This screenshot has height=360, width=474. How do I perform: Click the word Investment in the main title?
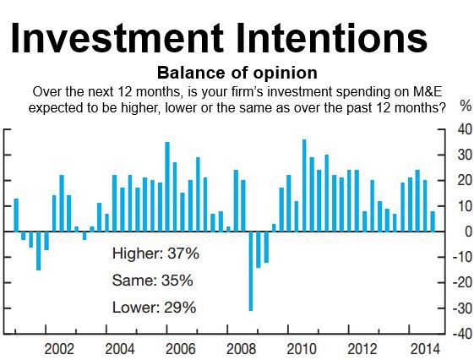coord(117,38)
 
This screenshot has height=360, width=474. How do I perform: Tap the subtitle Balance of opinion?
coord(237,73)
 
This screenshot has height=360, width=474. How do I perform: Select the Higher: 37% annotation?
coord(155,254)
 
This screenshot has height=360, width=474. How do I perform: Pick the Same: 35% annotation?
coord(153,281)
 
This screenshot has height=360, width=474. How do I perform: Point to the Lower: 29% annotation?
coord(154,308)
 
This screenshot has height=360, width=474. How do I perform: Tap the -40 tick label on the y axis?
coord(462,334)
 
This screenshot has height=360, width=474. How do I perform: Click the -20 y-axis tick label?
coord(462,282)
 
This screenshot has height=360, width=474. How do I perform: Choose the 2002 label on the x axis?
coord(59,349)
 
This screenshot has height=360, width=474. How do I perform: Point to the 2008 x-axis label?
coord(242,349)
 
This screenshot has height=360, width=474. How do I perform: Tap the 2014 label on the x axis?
coord(425,349)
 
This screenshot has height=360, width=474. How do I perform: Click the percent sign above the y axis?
coord(466,106)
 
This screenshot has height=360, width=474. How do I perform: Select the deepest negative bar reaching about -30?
coord(251,271)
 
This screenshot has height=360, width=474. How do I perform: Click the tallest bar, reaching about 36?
coord(304,186)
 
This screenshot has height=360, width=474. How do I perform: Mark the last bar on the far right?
coord(433,221)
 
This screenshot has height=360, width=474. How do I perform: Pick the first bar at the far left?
coord(16,215)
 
